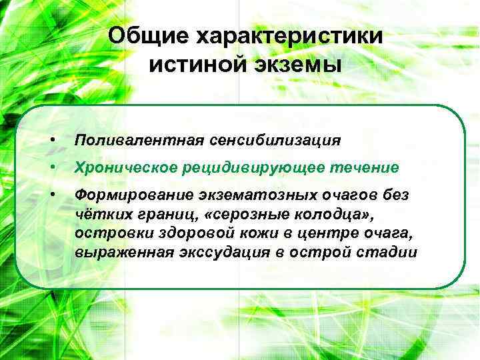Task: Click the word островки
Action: pyautogui.click(x=107, y=234)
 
